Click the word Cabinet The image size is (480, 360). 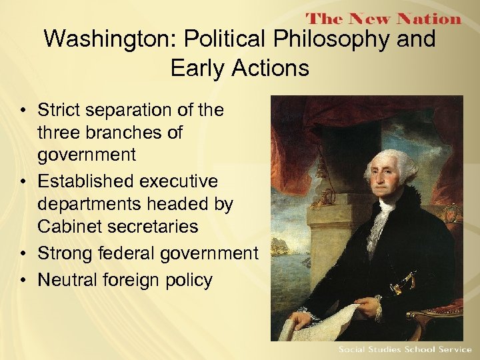pos(71,227)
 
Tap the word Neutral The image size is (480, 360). pos(67,280)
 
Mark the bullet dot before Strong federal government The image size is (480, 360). pos(23,254)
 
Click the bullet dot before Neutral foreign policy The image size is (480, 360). pos(23,281)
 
